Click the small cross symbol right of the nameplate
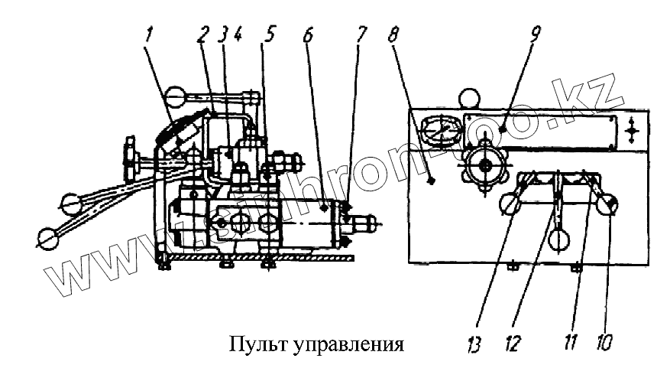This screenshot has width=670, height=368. point(631,132)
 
